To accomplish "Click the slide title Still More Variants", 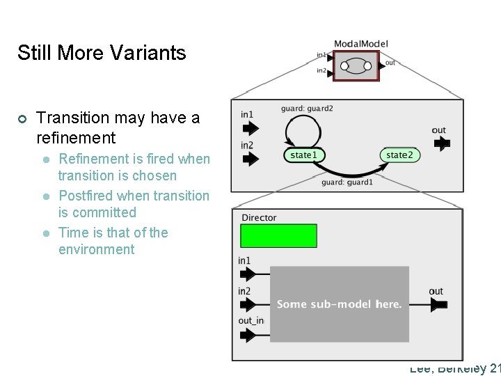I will [x=102, y=53].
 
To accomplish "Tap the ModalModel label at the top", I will [x=360, y=44].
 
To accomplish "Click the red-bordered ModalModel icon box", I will [x=356, y=66].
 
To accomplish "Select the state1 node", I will [x=303, y=155].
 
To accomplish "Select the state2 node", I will [x=399, y=155].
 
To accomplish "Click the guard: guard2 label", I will [x=307, y=109].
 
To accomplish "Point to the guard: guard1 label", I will [x=347, y=182].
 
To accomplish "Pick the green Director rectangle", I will [x=278, y=236].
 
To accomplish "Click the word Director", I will [x=259, y=218].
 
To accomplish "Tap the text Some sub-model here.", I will [x=339, y=304].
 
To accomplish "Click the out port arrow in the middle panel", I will [x=440, y=143].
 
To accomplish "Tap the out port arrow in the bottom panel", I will [x=438, y=304].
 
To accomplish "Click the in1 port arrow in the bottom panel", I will [x=248, y=274].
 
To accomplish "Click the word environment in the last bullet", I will [x=96, y=249].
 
